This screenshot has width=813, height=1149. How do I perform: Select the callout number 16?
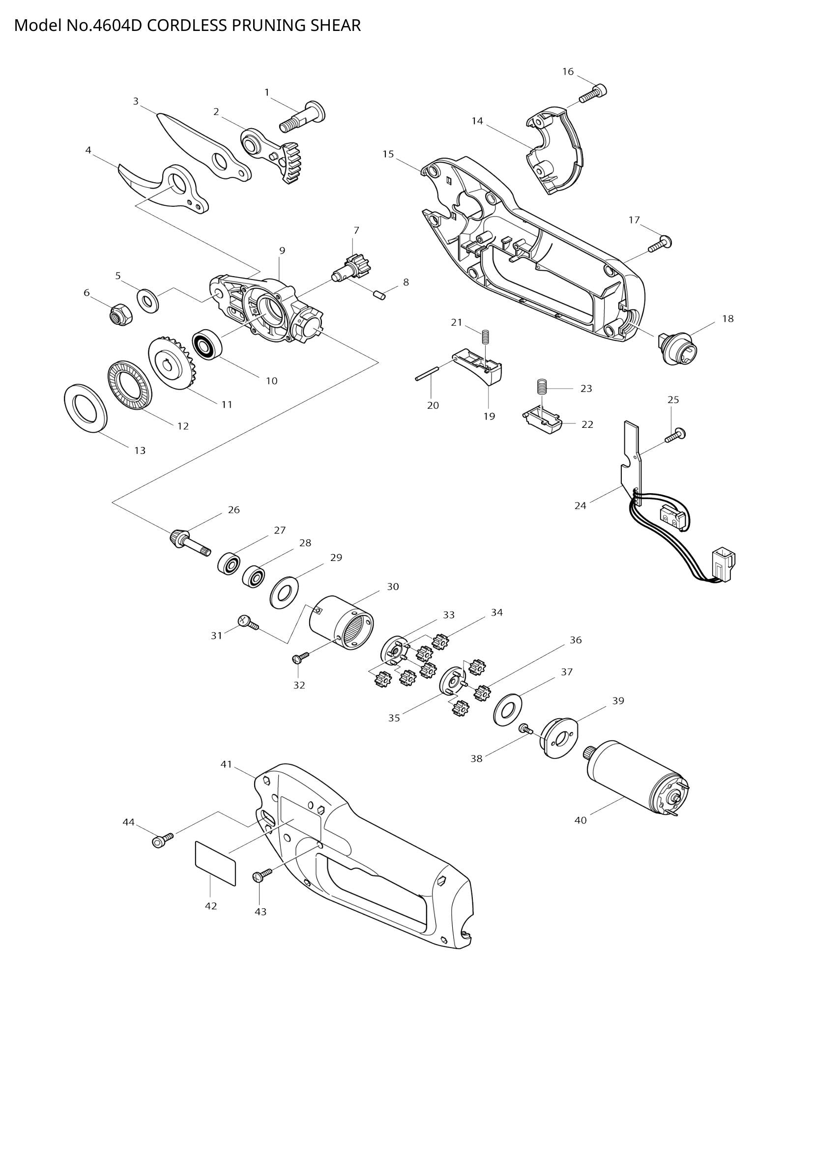[x=568, y=72]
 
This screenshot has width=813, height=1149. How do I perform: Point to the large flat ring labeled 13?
[x=86, y=407]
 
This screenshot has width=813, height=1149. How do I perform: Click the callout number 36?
[x=576, y=640]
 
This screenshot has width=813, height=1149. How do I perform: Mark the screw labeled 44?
[x=162, y=840]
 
